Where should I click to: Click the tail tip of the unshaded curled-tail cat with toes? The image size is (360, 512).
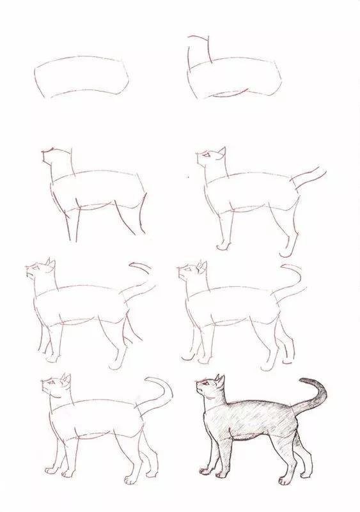tap(148, 381)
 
